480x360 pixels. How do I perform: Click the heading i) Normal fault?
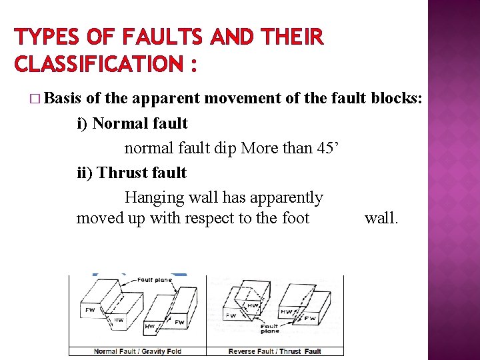pos(132,123)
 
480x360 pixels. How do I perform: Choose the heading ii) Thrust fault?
pos(132,173)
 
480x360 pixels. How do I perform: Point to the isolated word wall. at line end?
pos(381,218)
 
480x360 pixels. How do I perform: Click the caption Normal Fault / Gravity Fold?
pos(137,351)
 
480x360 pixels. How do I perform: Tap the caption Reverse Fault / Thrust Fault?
pos(275,351)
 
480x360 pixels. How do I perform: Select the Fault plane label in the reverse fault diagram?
pos(270,328)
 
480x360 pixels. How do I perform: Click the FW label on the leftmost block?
pos(90,310)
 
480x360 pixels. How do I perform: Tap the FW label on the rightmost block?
pos(310,319)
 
